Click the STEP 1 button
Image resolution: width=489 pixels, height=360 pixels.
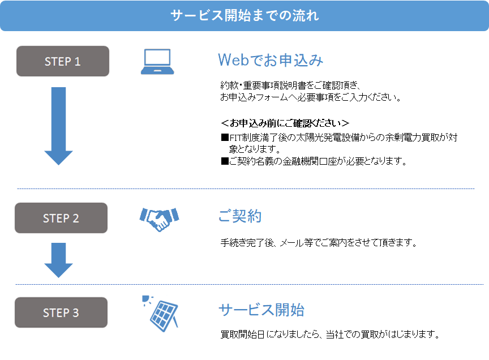coord(63,61)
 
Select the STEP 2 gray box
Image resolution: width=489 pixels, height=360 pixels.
coord(61,218)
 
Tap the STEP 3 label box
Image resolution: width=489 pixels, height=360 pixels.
coord(61,312)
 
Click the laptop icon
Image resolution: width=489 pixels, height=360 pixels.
coord(157,62)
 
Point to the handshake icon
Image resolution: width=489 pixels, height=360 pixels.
coord(159,219)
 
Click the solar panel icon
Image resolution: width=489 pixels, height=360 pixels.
coord(164,316)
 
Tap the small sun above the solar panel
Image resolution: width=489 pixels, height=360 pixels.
coord(146,299)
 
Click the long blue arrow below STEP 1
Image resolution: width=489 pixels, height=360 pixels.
coord(59,126)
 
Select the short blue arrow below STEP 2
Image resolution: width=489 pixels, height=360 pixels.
coord(59,260)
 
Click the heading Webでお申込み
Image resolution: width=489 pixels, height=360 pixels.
coord(271,60)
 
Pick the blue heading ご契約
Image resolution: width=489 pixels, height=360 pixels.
coord(239,216)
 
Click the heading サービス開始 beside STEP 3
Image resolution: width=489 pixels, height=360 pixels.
coord(261,310)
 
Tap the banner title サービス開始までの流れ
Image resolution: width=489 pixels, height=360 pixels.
coord(244,15)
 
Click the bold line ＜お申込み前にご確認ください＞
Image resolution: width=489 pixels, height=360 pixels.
coord(285,123)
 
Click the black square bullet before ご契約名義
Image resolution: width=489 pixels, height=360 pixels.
coord(225,161)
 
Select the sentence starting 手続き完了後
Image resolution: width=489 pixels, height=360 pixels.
coord(319,243)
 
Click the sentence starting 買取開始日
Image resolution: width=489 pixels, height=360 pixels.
coord(330,335)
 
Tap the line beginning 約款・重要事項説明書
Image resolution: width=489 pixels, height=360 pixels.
coord(291,85)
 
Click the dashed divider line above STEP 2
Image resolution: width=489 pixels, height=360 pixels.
coord(246,188)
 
